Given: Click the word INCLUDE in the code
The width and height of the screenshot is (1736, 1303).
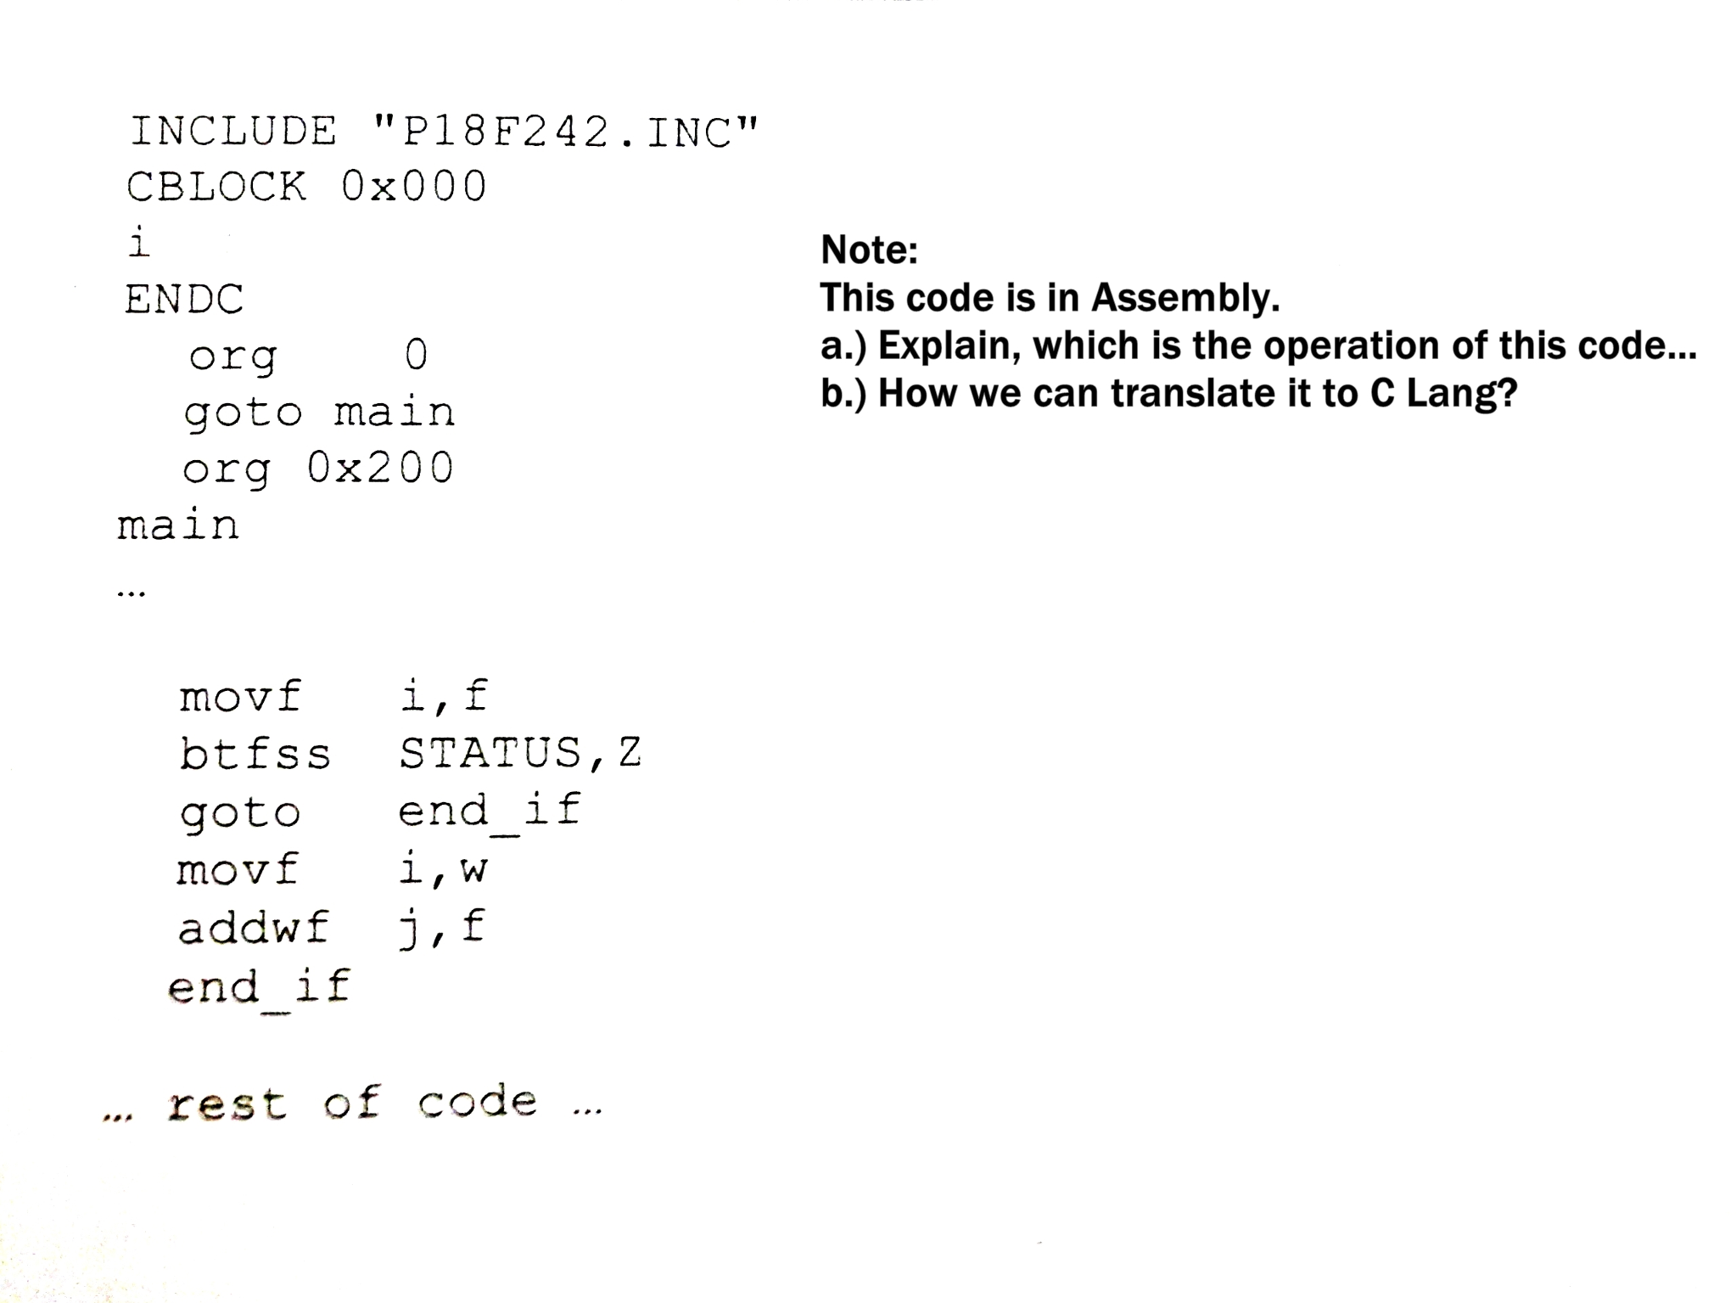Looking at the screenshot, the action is pos(233,132).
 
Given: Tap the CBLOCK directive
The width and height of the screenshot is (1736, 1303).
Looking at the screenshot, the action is pos(216,187).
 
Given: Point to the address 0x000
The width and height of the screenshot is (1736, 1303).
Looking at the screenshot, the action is pos(414,187).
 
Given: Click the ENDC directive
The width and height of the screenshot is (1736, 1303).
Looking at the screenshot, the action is pos(184,299).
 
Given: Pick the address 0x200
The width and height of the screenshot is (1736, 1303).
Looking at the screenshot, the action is pos(380,468).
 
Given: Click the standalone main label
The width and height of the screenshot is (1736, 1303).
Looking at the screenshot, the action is pos(178,525).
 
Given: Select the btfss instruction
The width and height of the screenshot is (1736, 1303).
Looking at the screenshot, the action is pos(255,754).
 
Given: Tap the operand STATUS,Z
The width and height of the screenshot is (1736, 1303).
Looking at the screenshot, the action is pos(520,753).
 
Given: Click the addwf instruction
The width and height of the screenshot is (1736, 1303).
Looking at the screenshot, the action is pos(253,927).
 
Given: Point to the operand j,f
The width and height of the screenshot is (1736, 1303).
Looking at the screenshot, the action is pos(442,927).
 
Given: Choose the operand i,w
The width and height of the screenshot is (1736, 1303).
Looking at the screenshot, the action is pos(443,869).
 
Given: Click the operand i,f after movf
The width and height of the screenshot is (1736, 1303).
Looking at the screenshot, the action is pos(444,697).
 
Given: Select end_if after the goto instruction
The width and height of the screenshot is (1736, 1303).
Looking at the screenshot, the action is pos(489,811).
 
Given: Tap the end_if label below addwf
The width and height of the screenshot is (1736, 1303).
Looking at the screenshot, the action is pos(259,987).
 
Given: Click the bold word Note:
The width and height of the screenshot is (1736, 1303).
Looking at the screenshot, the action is pos(869,250).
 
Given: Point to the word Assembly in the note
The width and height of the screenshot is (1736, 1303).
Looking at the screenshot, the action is pos(1184,297).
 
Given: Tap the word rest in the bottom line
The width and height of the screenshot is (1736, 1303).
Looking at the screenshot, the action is pos(227,1104).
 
